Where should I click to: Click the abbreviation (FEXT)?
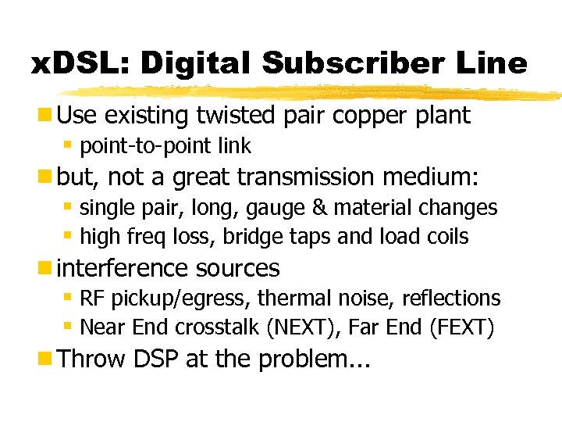point(461,327)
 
